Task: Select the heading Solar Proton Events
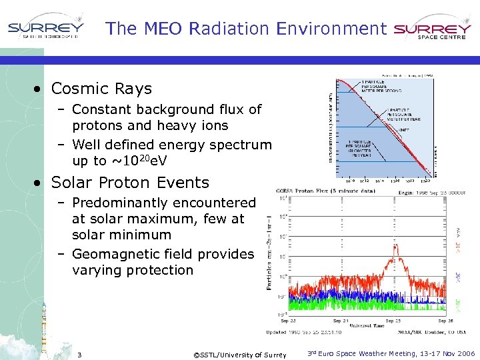(130, 182)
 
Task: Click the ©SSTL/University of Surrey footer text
(239, 354)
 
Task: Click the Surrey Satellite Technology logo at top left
(46, 29)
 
